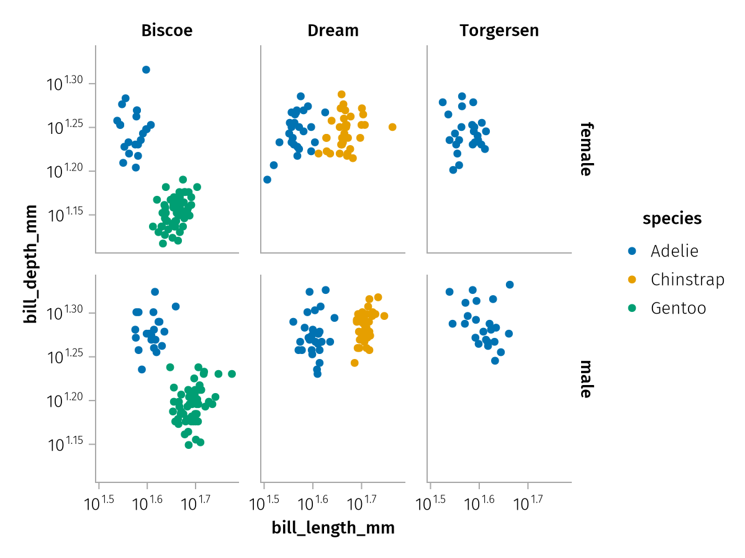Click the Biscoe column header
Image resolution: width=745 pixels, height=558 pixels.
tap(166, 30)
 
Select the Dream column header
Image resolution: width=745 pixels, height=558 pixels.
tap(333, 30)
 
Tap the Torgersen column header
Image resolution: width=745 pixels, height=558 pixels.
tap(499, 30)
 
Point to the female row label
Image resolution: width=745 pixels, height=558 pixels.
tap(585, 149)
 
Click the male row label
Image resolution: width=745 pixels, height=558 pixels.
tap(585, 378)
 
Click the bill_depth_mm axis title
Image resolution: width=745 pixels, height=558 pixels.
tap(30, 265)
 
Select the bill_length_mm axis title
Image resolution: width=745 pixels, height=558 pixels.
tap(333, 528)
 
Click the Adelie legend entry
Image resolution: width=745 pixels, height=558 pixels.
tap(674, 251)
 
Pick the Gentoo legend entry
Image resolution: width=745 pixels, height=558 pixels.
tap(678, 308)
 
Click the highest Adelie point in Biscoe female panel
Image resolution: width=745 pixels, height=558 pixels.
tap(146, 69)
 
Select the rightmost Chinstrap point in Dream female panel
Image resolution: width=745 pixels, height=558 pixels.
tap(392, 127)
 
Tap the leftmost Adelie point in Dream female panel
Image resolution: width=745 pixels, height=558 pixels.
tap(267, 180)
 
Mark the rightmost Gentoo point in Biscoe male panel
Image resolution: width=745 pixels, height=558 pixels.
tap(232, 374)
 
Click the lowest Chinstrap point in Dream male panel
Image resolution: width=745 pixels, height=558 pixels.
tap(354, 363)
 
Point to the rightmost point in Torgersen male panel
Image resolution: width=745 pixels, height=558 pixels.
tap(510, 285)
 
